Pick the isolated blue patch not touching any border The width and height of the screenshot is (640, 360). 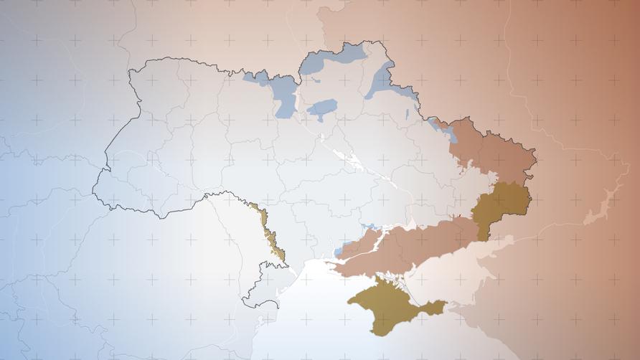322,109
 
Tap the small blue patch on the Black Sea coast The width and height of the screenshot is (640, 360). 340,251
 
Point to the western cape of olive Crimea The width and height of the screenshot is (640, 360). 352,301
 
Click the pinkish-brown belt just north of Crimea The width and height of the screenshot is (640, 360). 402,247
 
